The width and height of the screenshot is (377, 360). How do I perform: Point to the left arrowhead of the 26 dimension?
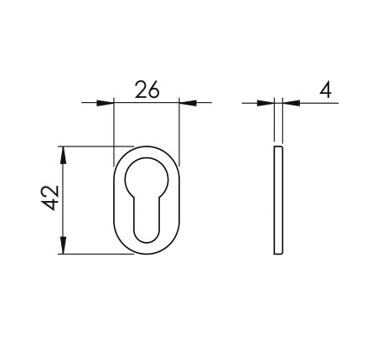click(x=105, y=103)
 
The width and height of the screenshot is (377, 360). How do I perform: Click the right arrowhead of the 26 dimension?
click(x=187, y=103)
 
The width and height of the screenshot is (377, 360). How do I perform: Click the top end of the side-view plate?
click(x=279, y=147)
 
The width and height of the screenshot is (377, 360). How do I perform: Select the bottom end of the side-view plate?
click(x=279, y=253)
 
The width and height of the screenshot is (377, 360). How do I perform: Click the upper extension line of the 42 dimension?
click(x=92, y=146)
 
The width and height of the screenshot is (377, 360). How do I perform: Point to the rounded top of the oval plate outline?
click(x=146, y=147)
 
